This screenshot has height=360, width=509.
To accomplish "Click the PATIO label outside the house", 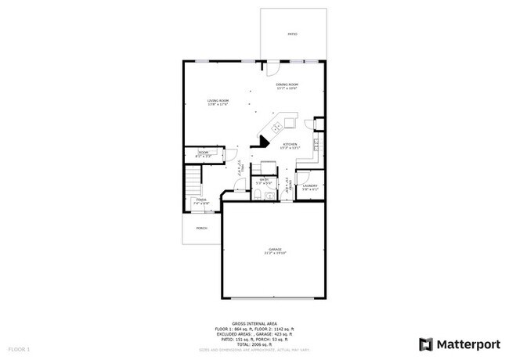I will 293,34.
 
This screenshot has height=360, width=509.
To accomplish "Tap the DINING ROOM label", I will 287,85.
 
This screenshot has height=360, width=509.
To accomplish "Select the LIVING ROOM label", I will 218,101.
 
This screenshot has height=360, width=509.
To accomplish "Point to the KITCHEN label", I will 290,146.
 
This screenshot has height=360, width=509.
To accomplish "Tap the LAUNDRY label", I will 310,186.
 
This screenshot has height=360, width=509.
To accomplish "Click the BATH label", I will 265,181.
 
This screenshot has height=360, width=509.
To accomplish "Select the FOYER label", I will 200,201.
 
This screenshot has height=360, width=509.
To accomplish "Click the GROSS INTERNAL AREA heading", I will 255,322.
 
